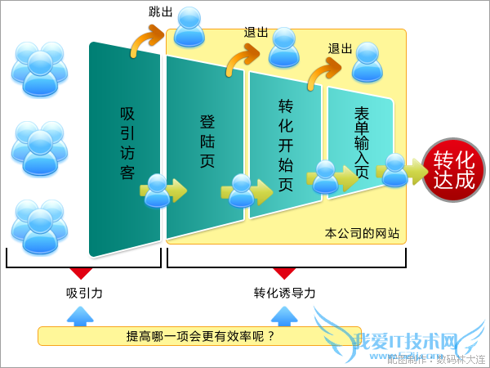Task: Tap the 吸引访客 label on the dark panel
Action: pyautogui.click(x=127, y=143)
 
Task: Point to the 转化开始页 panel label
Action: pyautogui.click(x=286, y=146)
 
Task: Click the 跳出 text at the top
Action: pyautogui.click(x=161, y=11)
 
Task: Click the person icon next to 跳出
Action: pyautogui.click(x=190, y=26)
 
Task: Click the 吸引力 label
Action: pyautogui.click(x=84, y=293)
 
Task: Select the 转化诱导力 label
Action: pyautogui.click(x=283, y=293)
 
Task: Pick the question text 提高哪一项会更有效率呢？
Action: pyautogui.click(x=200, y=336)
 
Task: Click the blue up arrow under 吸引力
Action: pyautogui.click(x=79, y=316)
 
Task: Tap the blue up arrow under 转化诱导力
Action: pyautogui.click(x=283, y=316)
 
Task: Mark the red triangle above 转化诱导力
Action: pyautogui.click(x=283, y=273)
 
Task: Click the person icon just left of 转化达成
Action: pyautogui.click(x=395, y=170)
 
